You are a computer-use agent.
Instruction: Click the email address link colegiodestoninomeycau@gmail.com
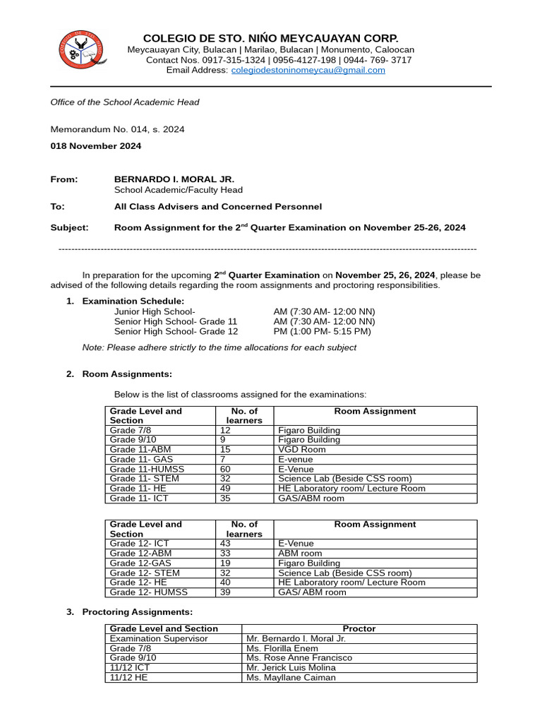tap(308, 71)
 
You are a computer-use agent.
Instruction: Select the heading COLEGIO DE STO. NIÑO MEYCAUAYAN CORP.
tap(271, 38)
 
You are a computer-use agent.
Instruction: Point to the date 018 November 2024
tap(95, 146)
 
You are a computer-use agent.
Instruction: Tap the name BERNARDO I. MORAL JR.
tap(174, 179)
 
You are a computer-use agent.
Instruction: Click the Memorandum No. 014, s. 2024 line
tap(117, 129)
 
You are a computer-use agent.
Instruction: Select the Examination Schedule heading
tap(133, 301)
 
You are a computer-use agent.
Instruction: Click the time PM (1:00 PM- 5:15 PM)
tap(322, 331)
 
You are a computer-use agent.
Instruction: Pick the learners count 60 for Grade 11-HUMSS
tap(226, 469)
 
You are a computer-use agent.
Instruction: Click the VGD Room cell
tap(302, 449)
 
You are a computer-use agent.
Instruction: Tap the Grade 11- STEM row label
tap(145, 479)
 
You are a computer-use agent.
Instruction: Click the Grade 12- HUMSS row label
tap(149, 592)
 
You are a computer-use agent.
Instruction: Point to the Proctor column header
tap(359, 628)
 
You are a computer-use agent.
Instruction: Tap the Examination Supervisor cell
tap(159, 638)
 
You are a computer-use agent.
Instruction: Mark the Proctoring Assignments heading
tap(137, 612)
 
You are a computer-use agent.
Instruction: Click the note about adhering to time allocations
tap(219, 347)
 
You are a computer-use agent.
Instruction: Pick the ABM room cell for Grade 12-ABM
tap(300, 554)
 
